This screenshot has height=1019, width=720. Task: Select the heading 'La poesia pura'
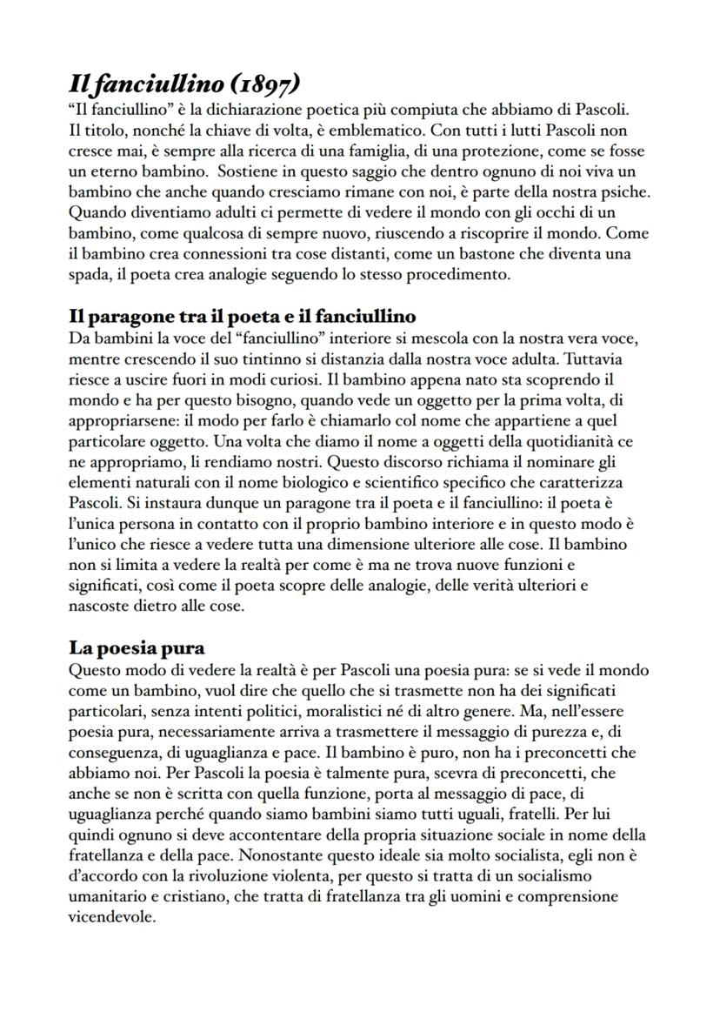tap(137, 648)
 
